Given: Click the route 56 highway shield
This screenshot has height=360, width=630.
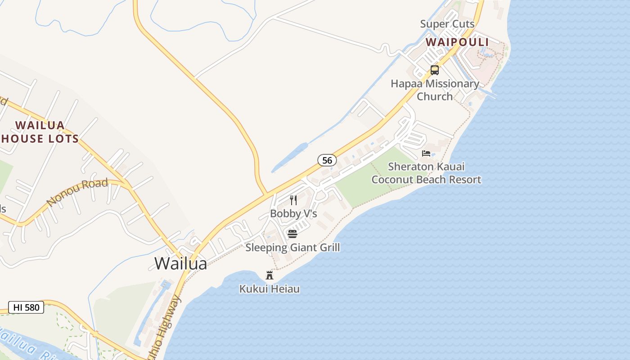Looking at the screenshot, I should (327, 160).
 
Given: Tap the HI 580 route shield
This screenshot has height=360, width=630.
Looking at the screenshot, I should (26, 307).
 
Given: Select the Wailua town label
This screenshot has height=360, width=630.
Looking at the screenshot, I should (180, 263).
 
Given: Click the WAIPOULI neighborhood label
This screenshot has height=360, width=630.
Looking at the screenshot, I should (457, 42).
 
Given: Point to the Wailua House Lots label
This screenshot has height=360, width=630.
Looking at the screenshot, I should (40, 132).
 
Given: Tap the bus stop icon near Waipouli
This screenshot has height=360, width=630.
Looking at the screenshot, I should (434, 70).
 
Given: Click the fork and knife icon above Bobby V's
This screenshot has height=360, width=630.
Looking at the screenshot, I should (293, 200).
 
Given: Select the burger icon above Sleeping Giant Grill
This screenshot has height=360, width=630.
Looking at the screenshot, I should (292, 234).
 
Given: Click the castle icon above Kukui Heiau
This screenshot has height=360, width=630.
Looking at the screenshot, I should (270, 275).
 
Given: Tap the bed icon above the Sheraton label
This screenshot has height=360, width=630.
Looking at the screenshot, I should (426, 153).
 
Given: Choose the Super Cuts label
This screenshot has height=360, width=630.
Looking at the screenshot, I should (447, 24).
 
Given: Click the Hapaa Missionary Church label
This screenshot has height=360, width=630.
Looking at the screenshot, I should (435, 90).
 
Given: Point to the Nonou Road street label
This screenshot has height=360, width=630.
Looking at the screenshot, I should (77, 192).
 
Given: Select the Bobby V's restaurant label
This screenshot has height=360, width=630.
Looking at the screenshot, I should (293, 213).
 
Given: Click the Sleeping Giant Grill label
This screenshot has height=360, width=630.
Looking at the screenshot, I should (292, 247).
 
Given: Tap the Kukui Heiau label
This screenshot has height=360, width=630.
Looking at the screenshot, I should (270, 288).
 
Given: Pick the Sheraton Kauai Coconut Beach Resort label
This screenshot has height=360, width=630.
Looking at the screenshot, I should (426, 173).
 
